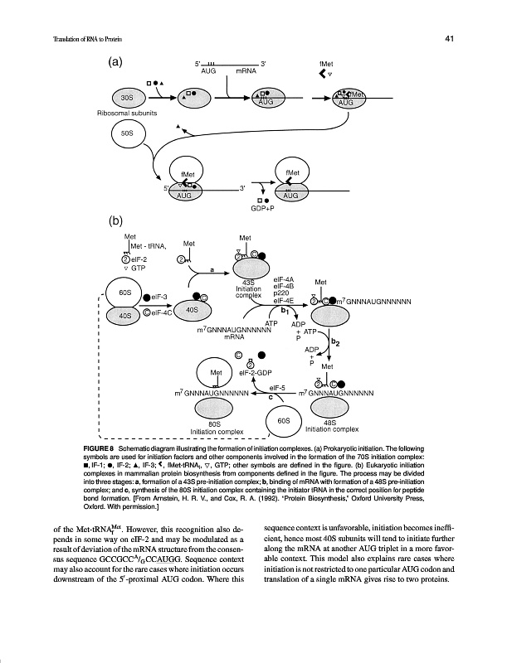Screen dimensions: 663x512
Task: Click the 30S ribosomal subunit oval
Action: (x=127, y=98)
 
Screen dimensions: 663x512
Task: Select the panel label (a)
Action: (x=116, y=61)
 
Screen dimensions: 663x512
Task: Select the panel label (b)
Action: (x=116, y=221)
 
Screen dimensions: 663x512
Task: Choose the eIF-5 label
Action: (x=279, y=387)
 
